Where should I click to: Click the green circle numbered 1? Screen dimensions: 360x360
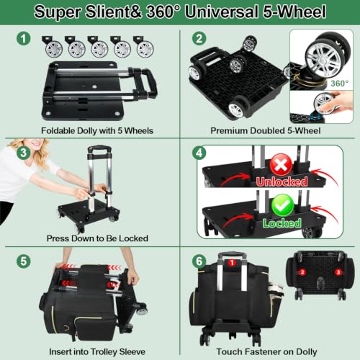pyautogui.click(x=24, y=39)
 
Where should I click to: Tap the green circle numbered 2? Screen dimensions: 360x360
pyautogui.click(x=199, y=38)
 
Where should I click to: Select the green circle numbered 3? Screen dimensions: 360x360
pyautogui.click(x=24, y=153)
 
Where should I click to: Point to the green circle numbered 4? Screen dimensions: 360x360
pyautogui.click(x=199, y=153)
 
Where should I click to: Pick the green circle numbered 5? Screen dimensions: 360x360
pyautogui.click(x=24, y=261)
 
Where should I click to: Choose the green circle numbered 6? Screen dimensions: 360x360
pyautogui.click(x=199, y=261)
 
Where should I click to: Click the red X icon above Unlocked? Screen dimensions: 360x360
pyautogui.click(x=282, y=165)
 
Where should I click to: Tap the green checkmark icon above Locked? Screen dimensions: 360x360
pyautogui.click(x=282, y=205)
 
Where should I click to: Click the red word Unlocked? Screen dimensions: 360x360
pyautogui.click(x=282, y=181)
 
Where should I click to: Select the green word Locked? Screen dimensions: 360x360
pyautogui.click(x=282, y=223)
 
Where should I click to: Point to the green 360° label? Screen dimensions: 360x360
pyautogui.click(x=339, y=84)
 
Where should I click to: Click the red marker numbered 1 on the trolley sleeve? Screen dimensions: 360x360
pyautogui.click(x=232, y=263)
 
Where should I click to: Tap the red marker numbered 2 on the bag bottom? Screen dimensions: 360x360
pyautogui.click(x=302, y=272)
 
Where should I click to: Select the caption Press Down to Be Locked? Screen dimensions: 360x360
pyautogui.click(x=97, y=238)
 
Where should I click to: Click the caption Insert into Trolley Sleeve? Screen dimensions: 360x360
pyautogui.click(x=97, y=351)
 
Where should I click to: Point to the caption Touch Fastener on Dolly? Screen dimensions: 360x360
pyautogui.click(x=266, y=351)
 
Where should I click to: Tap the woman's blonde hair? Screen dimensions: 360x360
pyautogui.click(x=36, y=153)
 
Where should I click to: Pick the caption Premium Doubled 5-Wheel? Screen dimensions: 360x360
pyautogui.click(x=266, y=130)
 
